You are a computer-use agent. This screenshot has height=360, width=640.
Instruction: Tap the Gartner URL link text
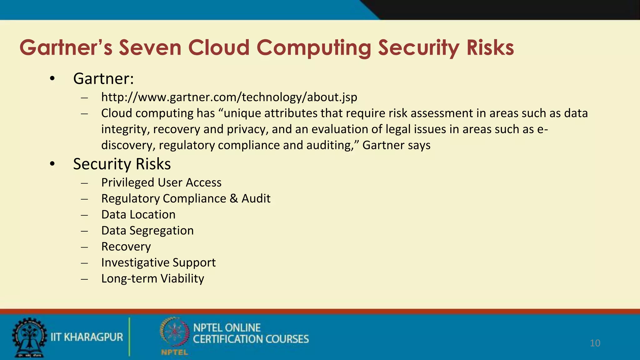[x=229, y=97]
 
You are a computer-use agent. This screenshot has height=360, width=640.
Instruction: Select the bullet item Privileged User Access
[x=161, y=182]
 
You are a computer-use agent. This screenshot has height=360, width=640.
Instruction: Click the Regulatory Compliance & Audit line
[x=186, y=198]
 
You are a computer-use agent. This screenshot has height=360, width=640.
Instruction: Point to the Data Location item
[x=138, y=215]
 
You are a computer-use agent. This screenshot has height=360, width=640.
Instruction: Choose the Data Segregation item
[x=147, y=231]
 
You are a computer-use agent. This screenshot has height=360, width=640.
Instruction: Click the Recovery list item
[x=126, y=247]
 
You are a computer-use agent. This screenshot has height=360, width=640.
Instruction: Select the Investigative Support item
[x=158, y=262]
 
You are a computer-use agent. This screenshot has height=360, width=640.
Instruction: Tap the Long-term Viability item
[x=152, y=278]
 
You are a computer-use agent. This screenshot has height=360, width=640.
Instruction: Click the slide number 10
[x=595, y=343]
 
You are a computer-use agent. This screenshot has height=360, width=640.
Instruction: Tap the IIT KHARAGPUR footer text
[x=87, y=337]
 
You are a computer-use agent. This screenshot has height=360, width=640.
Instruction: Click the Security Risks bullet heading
[x=122, y=164]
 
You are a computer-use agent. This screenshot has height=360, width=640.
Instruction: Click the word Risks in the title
[x=490, y=48]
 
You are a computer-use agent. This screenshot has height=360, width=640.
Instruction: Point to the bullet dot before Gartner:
[x=52, y=79]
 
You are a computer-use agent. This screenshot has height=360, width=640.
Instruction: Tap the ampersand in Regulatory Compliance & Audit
[x=234, y=199]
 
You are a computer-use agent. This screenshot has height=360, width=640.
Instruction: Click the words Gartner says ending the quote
[x=396, y=145]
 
